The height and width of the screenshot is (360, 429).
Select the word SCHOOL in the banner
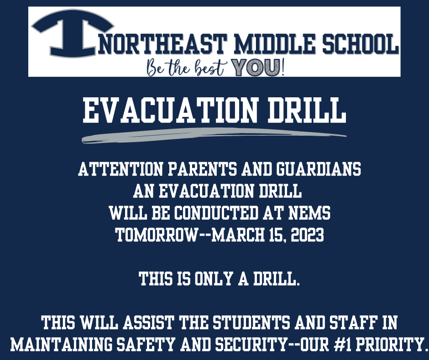click(x=360, y=44)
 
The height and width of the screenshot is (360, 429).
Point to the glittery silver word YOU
click(x=256, y=67)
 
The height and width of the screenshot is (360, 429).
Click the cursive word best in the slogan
click(x=211, y=68)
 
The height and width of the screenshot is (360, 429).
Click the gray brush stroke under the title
click(x=214, y=135)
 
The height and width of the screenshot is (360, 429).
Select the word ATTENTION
click(x=120, y=169)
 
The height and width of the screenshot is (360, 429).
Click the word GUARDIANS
click(x=319, y=169)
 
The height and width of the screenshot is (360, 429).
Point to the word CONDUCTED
click(x=216, y=213)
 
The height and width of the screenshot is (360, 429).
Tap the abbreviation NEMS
click(x=309, y=213)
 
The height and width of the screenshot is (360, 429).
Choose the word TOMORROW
click(x=157, y=235)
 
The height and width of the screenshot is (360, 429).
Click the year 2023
click(x=307, y=235)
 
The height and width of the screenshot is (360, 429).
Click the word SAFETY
click(x=146, y=344)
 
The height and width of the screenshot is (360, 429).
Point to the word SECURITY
click(x=248, y=344)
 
